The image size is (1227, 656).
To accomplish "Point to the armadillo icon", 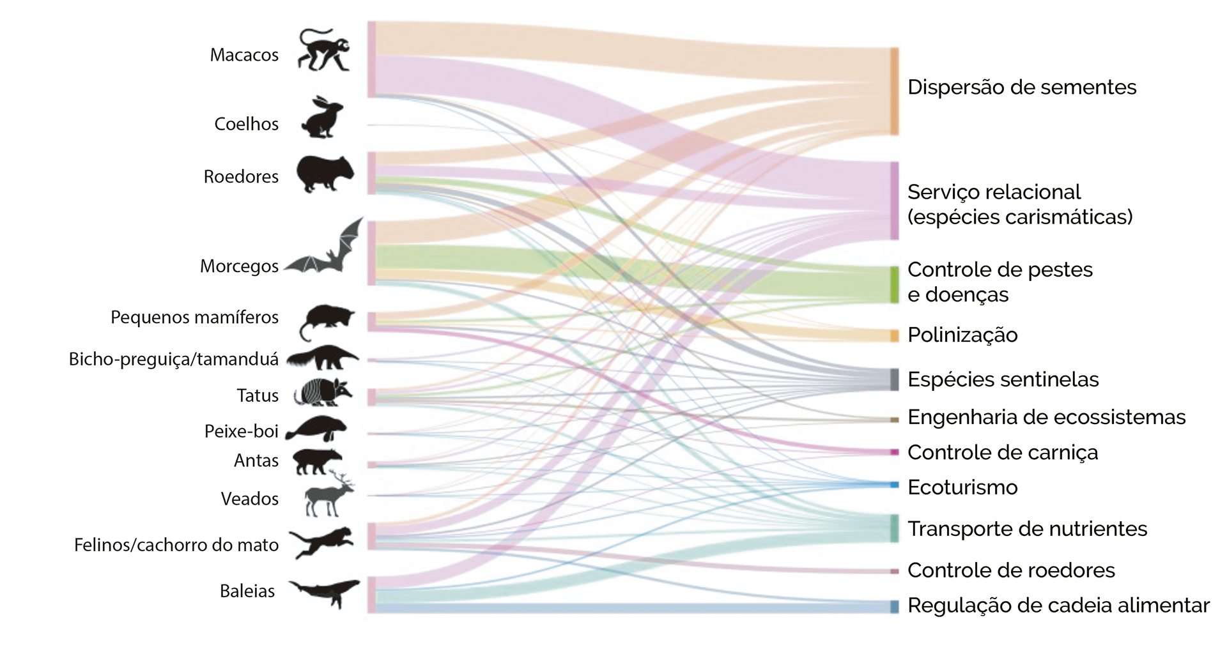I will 323,392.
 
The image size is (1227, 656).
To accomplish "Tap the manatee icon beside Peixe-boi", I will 316,429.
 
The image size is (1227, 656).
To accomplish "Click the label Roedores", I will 241,176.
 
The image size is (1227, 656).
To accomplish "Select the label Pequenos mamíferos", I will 194,317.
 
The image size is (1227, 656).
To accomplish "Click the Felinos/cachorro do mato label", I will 176,545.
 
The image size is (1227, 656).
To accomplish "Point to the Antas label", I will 256,461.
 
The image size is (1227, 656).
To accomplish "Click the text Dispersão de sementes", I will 1021,87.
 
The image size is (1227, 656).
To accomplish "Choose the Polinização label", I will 962,335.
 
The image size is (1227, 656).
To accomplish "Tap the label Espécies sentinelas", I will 1003,379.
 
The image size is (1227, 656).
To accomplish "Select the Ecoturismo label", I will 962,487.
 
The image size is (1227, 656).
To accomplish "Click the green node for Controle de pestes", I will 894,285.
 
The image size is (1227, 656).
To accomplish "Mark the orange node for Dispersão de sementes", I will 894,91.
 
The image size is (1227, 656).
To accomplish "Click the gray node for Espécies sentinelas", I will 894,379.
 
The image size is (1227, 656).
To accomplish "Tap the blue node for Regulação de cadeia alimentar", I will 894,606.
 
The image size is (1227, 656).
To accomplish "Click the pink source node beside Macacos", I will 371,59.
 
